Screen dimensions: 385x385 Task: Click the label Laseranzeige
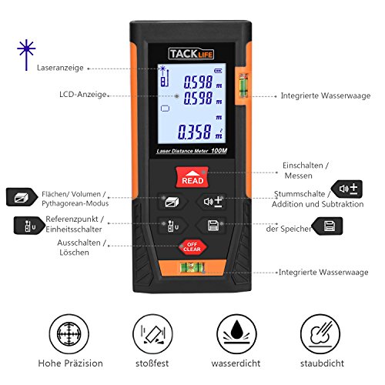pyautogui.click(x=61, y=68)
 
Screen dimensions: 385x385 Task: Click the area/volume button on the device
pyautogui.click(x=169, y=203)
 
